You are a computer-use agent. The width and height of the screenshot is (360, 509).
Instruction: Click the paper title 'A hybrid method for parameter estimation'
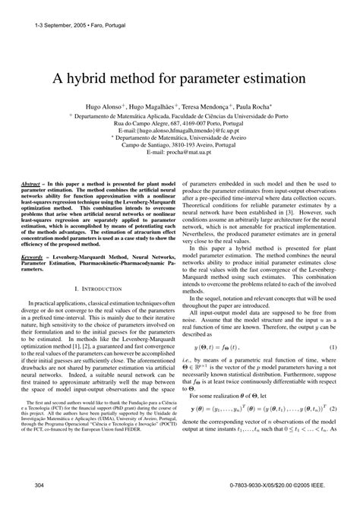pos(180,79)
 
